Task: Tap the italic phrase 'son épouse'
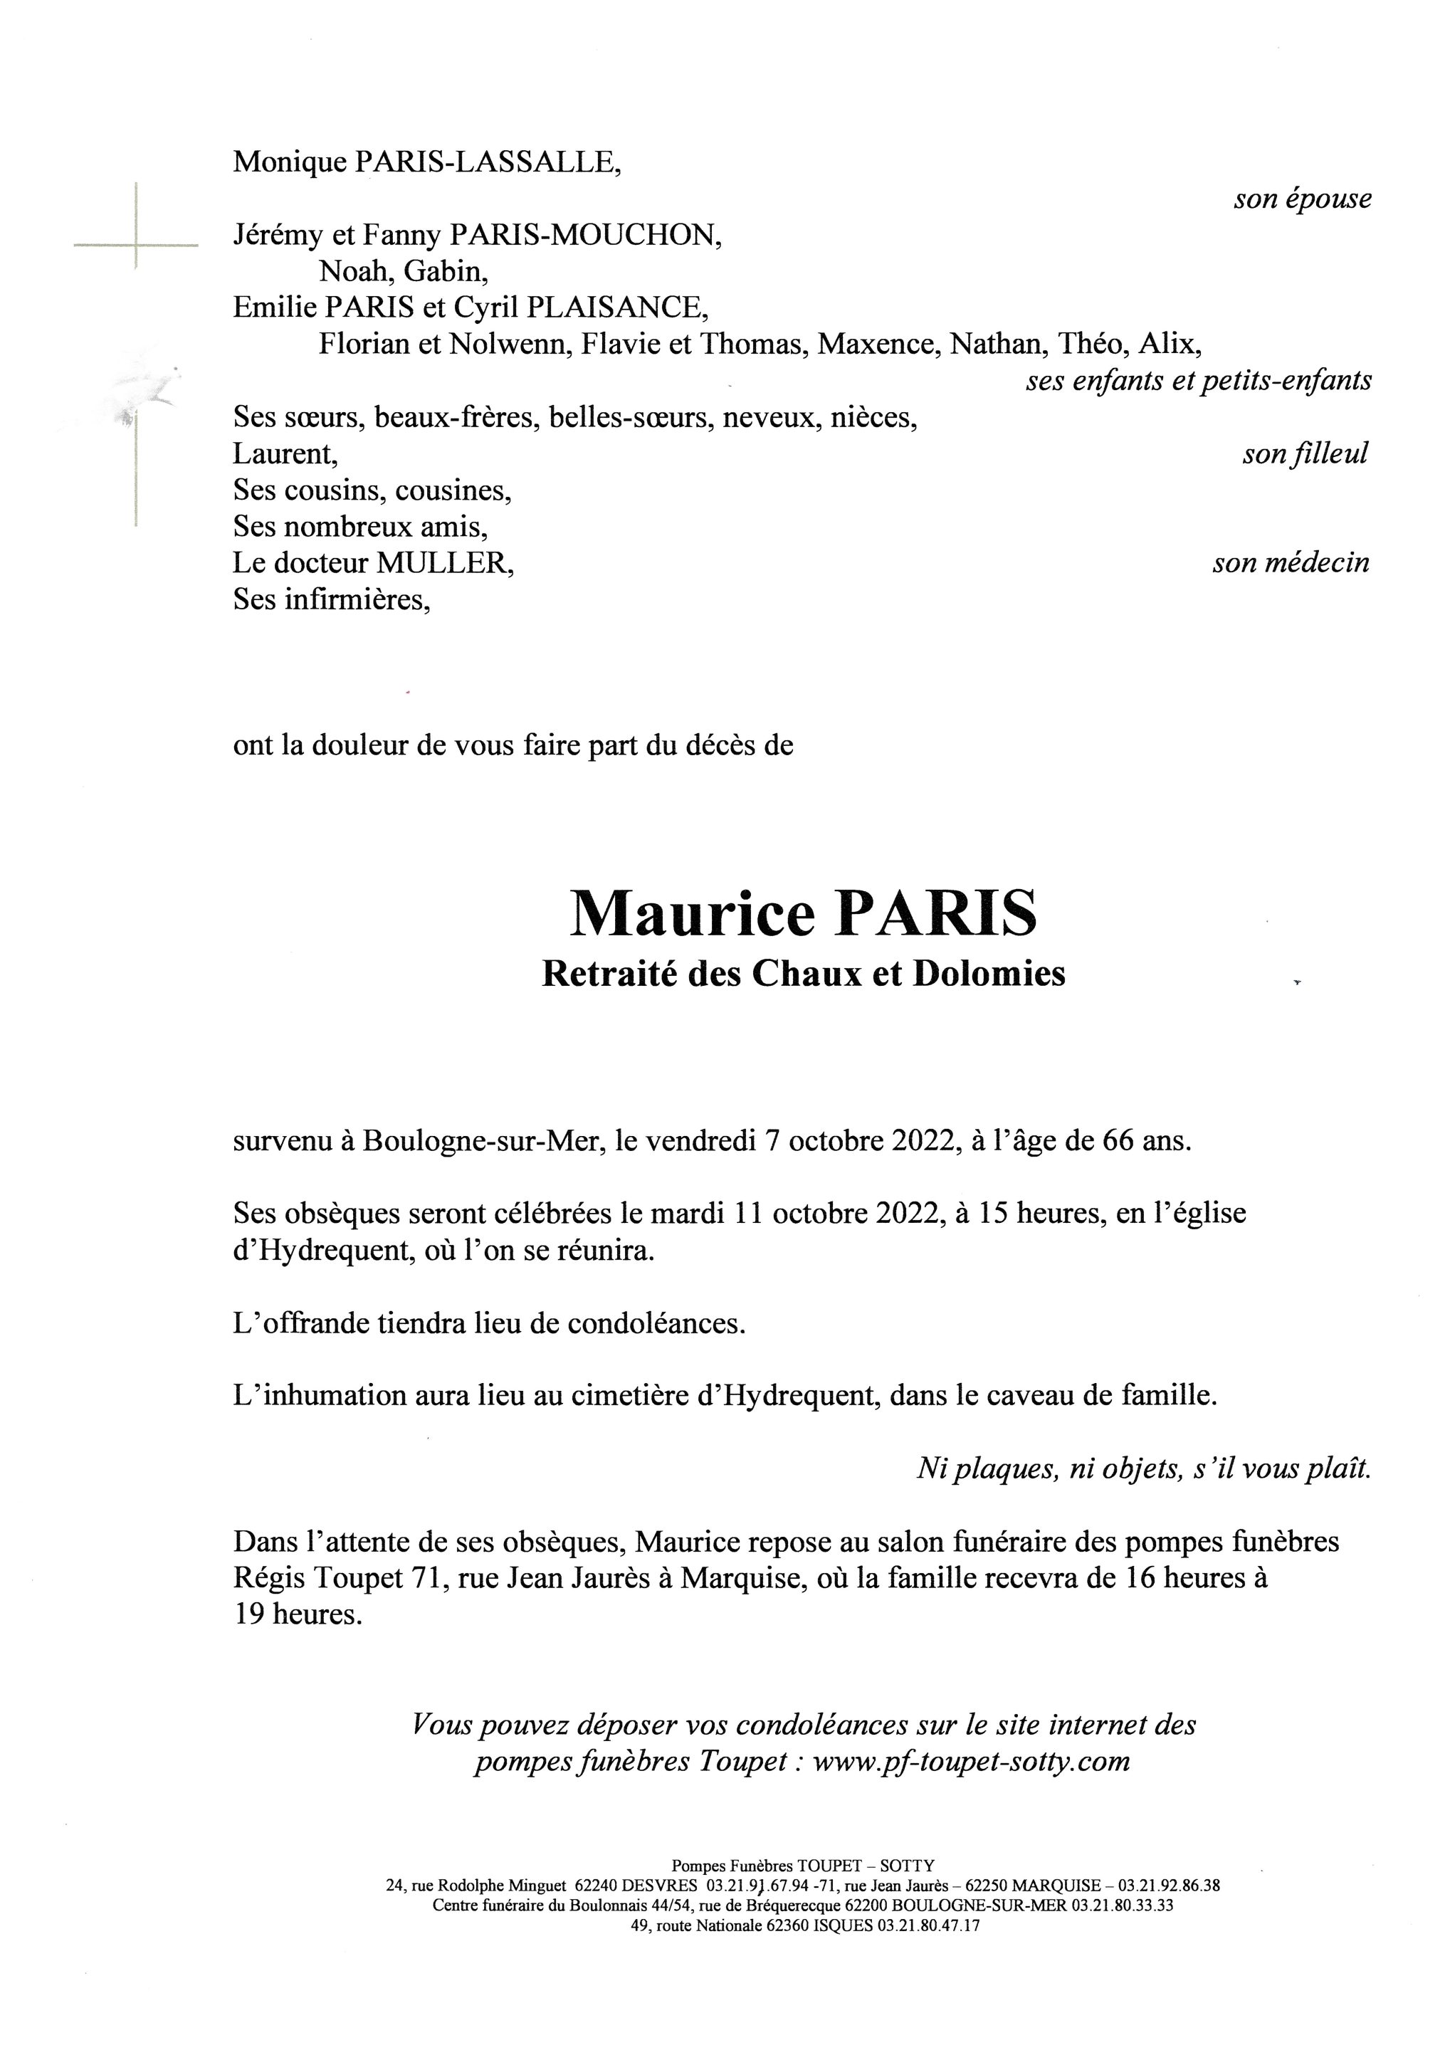point(1302,199)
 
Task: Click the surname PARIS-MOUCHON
point(585,235)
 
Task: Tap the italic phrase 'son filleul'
point(1305,454)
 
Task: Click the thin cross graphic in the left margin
point(136,243)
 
